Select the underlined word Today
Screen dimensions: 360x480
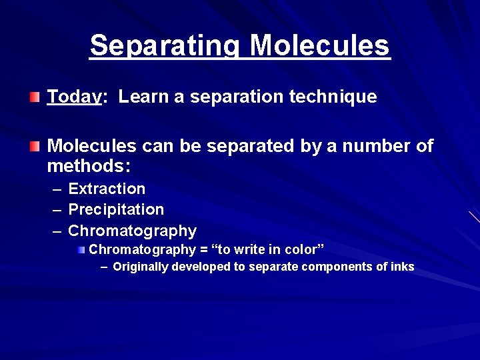(x=74, y=97)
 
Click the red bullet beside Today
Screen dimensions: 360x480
(x=34, y=97)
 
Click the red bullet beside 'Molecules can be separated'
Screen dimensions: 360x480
(x=34, y=145)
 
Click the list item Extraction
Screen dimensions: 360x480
(x=107, y=189)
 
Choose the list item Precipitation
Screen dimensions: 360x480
(x=116, y=210)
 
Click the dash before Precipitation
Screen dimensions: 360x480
(x=57, y=210)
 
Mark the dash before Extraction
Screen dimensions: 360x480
(x=57, y=189)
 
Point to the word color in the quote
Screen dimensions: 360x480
(x=302, y=250)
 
